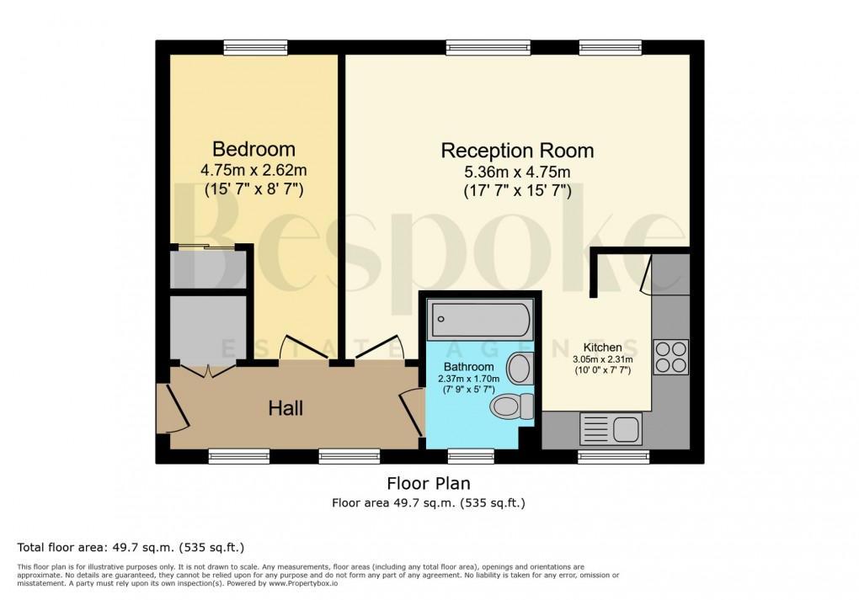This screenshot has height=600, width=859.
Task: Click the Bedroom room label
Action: click(x=253, y=150)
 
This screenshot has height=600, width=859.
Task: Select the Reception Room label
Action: click(x=517, y=151)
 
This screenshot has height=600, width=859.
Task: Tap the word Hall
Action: click(x=285, y=409)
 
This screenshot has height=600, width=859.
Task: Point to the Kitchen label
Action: click(x=602, y=348)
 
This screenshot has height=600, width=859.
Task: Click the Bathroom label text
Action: click(x=469, y=367)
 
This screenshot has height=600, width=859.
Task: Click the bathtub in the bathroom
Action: click(x=480, y=321)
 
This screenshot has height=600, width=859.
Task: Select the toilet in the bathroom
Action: click(x=513, y=407)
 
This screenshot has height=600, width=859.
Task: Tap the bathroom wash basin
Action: click(x=520, y=368)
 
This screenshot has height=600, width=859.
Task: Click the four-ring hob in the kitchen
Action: click(x=671, y=356)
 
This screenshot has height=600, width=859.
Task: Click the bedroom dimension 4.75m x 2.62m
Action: click(x=253, y=171)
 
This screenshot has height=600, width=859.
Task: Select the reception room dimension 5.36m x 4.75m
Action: click(x=517, y=173)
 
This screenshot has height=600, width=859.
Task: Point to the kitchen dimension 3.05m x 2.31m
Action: click(x=603, y=359)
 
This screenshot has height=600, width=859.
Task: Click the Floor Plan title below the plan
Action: click(x=428, y=484)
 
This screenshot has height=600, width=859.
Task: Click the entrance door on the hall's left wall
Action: click(x=165, y=408)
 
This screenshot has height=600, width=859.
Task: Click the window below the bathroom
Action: click(x=471, y=456)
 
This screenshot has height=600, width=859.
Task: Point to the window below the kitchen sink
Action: click(x=613, y=456)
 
